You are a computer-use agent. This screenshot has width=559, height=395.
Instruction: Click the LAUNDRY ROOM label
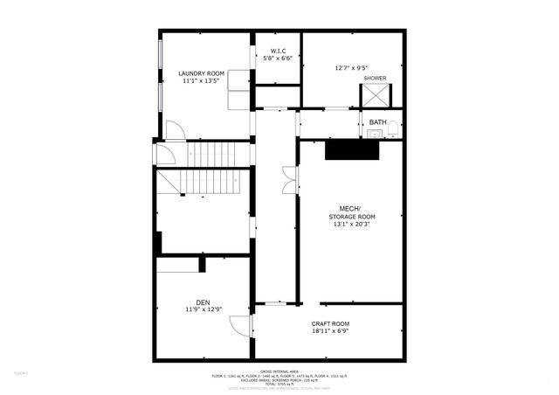202,73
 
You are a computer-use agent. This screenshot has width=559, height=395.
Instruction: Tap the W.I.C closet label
279,50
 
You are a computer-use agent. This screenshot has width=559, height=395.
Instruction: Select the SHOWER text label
375,78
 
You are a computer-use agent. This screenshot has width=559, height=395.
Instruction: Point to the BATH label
377,121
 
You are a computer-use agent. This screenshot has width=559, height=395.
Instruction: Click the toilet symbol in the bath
394,131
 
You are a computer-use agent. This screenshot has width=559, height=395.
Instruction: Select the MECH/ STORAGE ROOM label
352,211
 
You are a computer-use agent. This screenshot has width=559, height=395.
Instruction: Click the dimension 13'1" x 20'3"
352,225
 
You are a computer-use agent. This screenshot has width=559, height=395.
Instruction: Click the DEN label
202,301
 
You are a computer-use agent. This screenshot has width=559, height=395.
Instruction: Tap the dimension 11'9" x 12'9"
202,309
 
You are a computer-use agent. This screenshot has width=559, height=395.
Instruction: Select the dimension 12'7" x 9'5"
351,66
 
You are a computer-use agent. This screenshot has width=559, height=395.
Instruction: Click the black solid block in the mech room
350,149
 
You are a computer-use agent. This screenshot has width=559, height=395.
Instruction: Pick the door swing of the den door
238,325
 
